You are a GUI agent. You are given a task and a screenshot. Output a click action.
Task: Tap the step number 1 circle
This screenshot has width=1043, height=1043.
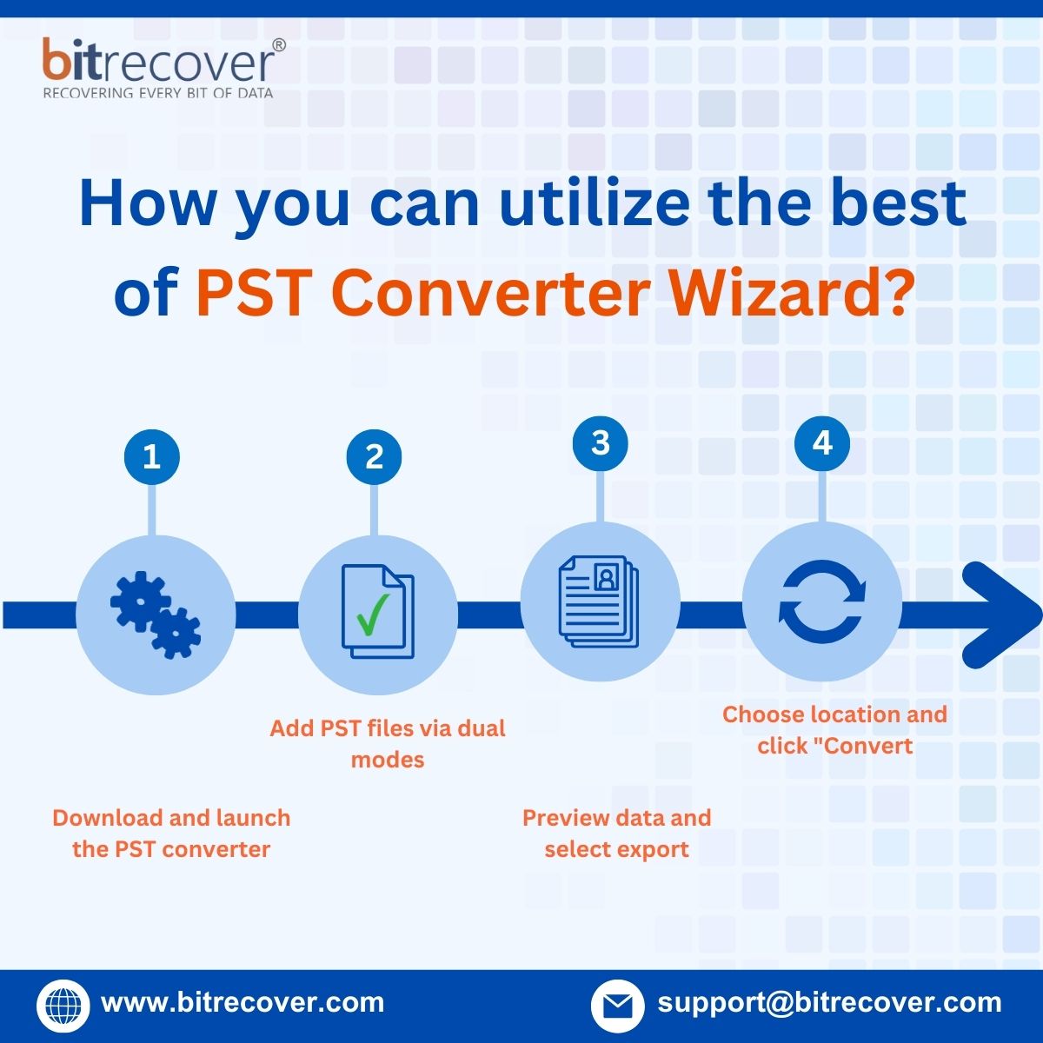tap(151, 456)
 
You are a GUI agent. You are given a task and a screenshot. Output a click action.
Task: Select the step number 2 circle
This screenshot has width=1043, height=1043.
tap(374, 456)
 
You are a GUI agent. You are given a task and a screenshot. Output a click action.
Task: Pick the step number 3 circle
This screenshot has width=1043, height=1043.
tap(601, 442)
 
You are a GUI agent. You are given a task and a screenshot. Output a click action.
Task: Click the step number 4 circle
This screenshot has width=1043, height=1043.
tap(822, 442)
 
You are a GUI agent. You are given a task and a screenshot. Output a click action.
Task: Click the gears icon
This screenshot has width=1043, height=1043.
tap(156, 614)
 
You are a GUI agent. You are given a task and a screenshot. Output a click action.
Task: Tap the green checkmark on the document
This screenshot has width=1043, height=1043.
tap(372, 614)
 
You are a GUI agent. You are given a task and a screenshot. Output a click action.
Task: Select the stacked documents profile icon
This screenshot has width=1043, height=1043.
tap(599, 601)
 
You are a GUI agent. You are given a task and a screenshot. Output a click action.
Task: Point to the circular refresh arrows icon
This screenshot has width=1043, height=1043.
tap(822, 601)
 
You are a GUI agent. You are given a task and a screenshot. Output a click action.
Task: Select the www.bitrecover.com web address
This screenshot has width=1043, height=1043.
tap(242, 1003)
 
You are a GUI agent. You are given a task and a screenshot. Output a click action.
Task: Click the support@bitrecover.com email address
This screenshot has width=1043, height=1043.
tap(829, 1003)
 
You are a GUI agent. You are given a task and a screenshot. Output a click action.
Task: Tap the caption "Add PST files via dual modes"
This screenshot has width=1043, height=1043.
tap(388, 743)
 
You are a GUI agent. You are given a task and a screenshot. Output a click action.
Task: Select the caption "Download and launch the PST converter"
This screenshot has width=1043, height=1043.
tap(171, 833)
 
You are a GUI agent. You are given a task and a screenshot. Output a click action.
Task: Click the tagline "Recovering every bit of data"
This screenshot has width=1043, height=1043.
tap(158, 93)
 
